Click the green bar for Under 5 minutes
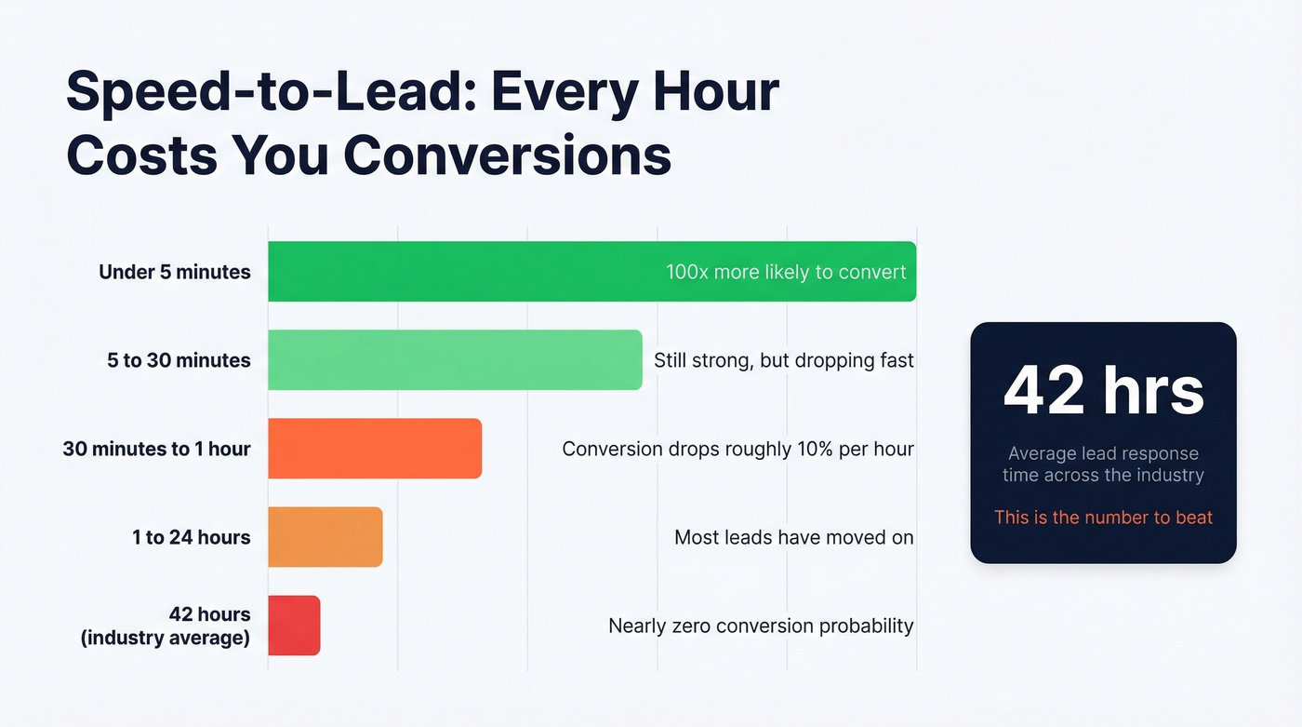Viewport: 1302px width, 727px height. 465,271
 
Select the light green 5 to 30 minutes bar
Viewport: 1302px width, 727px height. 455,359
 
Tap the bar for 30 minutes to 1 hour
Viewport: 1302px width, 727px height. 375,449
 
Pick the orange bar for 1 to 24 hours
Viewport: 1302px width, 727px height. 325,537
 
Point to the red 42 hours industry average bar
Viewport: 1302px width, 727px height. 294,626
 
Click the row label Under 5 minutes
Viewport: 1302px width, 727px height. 175,272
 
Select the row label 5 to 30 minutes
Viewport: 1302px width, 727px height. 179,360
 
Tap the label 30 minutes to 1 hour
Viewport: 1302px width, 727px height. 156,449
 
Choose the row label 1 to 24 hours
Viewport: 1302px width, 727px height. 191,537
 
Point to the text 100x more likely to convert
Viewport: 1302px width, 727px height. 786,272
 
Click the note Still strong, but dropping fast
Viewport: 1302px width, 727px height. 784,360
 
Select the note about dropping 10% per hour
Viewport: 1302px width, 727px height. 737,449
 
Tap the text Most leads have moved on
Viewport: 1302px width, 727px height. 793,537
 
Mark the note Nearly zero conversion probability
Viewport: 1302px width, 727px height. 761,626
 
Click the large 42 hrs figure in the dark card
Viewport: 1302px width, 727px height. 1103,390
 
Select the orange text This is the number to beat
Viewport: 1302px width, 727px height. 1103,518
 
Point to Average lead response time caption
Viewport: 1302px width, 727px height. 1103,464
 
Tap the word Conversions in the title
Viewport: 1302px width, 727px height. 507,155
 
